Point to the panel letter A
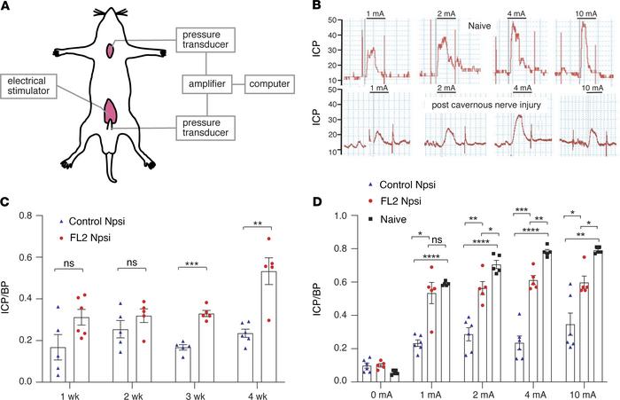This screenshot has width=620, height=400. pos(7,8)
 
